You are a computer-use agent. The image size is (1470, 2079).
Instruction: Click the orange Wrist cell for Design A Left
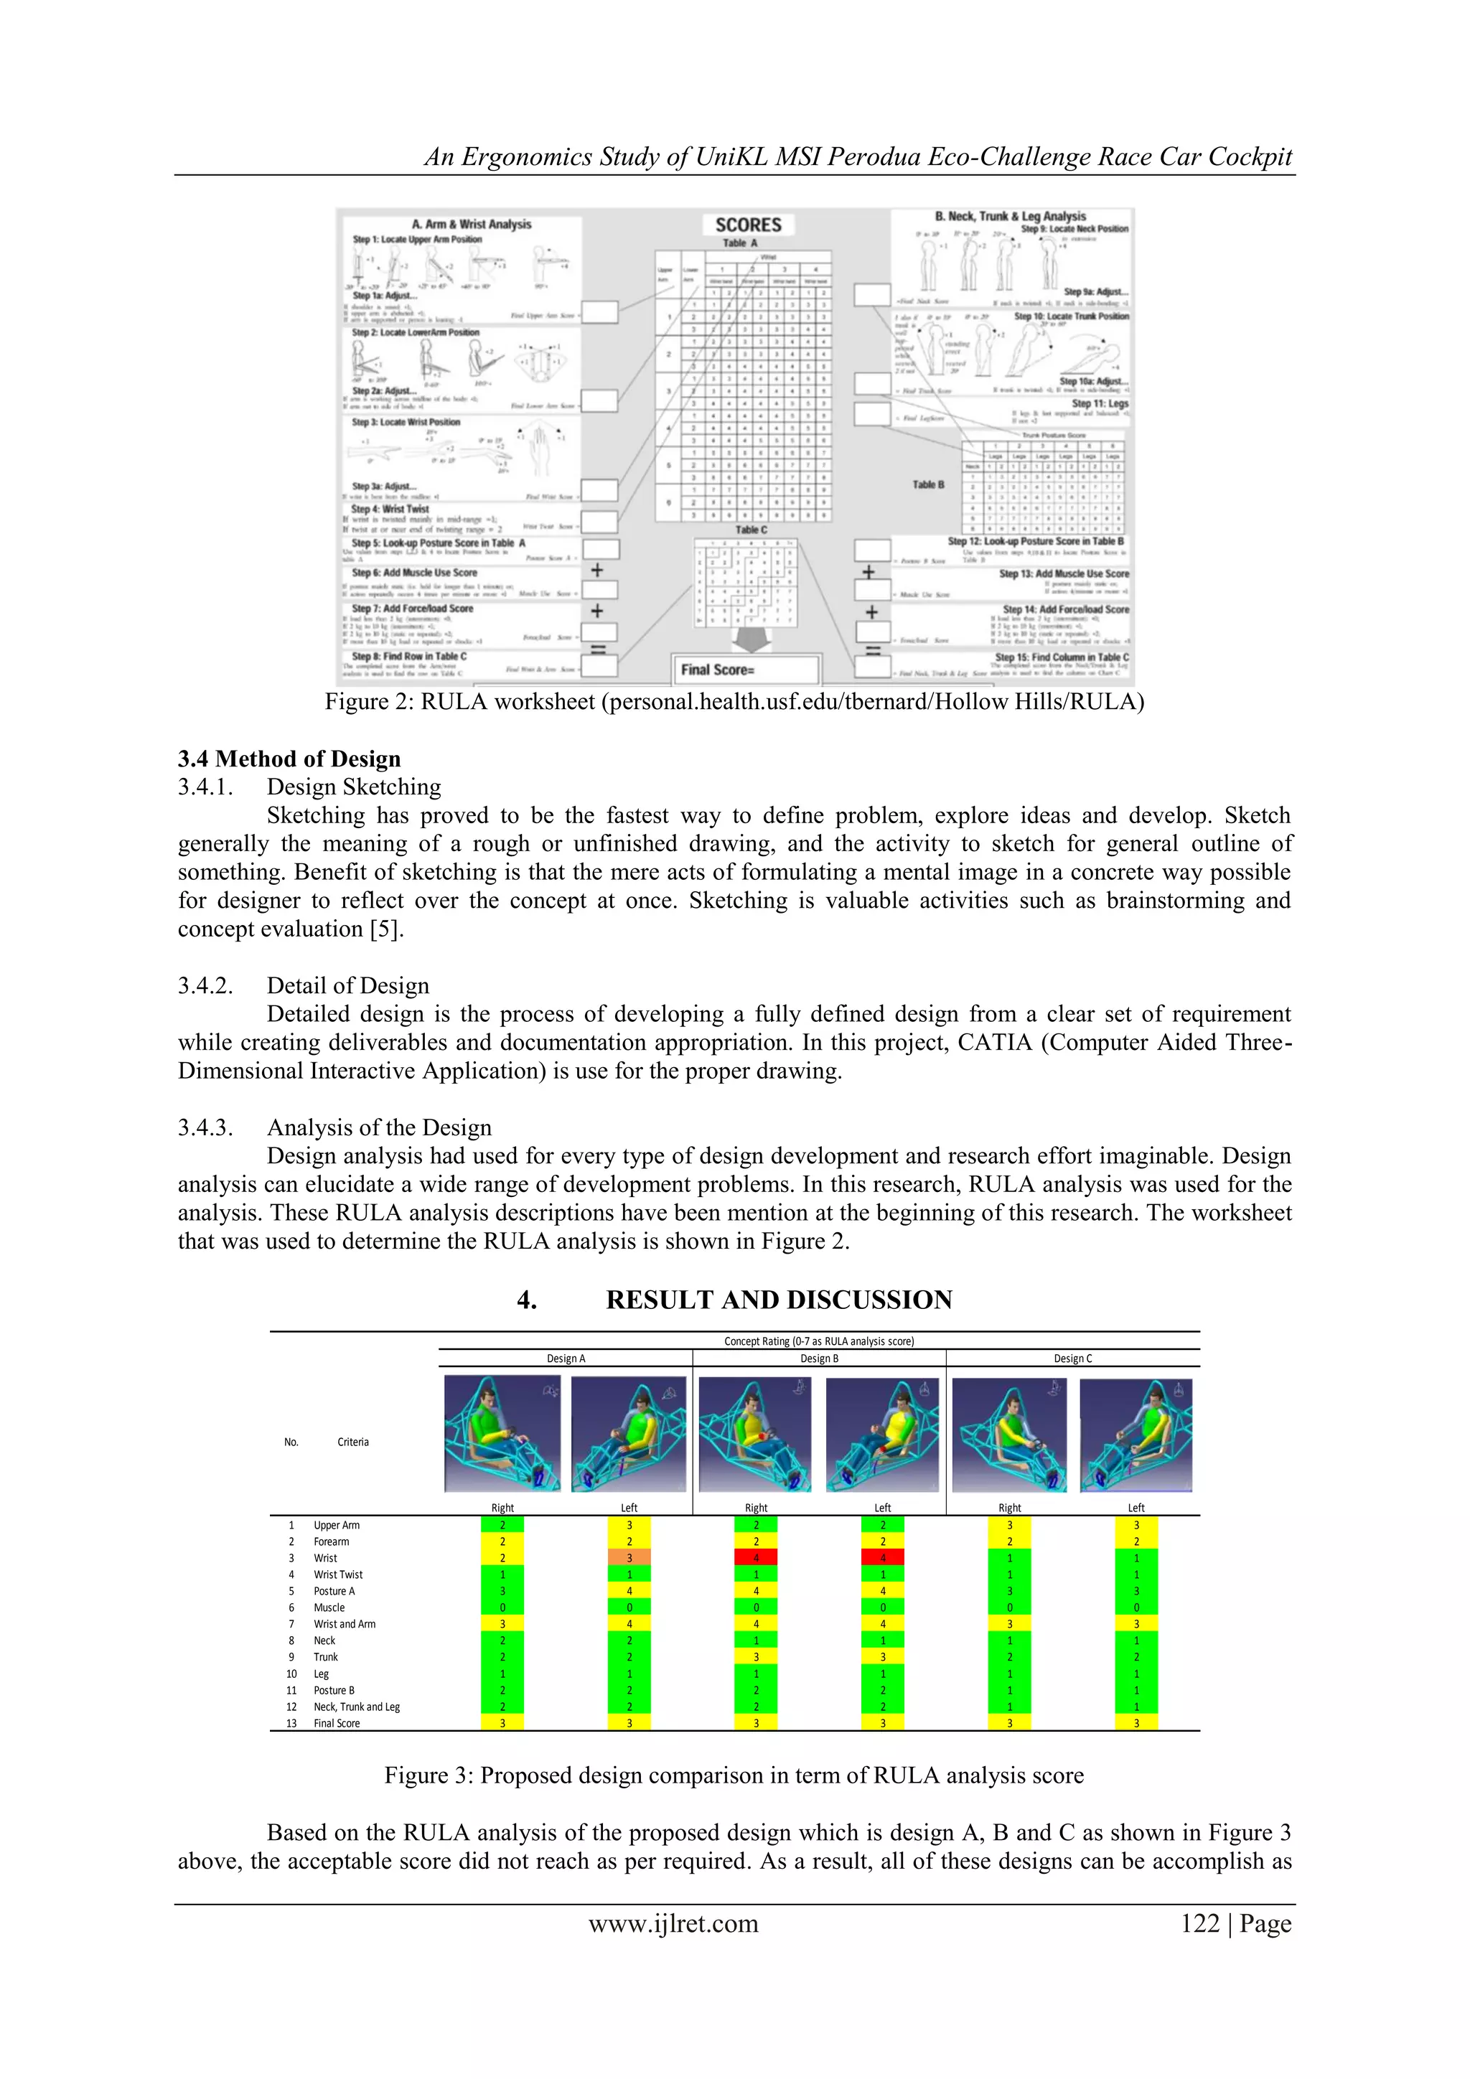point(629,1557)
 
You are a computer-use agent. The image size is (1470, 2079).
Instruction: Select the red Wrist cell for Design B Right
point(757,1557)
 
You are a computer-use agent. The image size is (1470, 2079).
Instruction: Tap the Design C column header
point(1072,1358)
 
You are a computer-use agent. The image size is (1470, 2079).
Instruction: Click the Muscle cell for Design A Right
point(502,1608)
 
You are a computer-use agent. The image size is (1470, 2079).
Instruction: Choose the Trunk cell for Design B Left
point(883,1657)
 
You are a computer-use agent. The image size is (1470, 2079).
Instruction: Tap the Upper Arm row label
point(336,1525)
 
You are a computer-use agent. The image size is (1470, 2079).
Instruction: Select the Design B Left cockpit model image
point(883,1435)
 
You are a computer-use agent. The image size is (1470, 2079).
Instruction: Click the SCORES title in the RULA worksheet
point(748,225)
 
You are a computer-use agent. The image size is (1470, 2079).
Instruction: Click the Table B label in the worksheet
point(927,484)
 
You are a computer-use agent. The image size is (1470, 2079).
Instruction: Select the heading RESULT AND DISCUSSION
point(779,1300)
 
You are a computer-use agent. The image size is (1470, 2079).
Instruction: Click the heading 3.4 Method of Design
point(289,759)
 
